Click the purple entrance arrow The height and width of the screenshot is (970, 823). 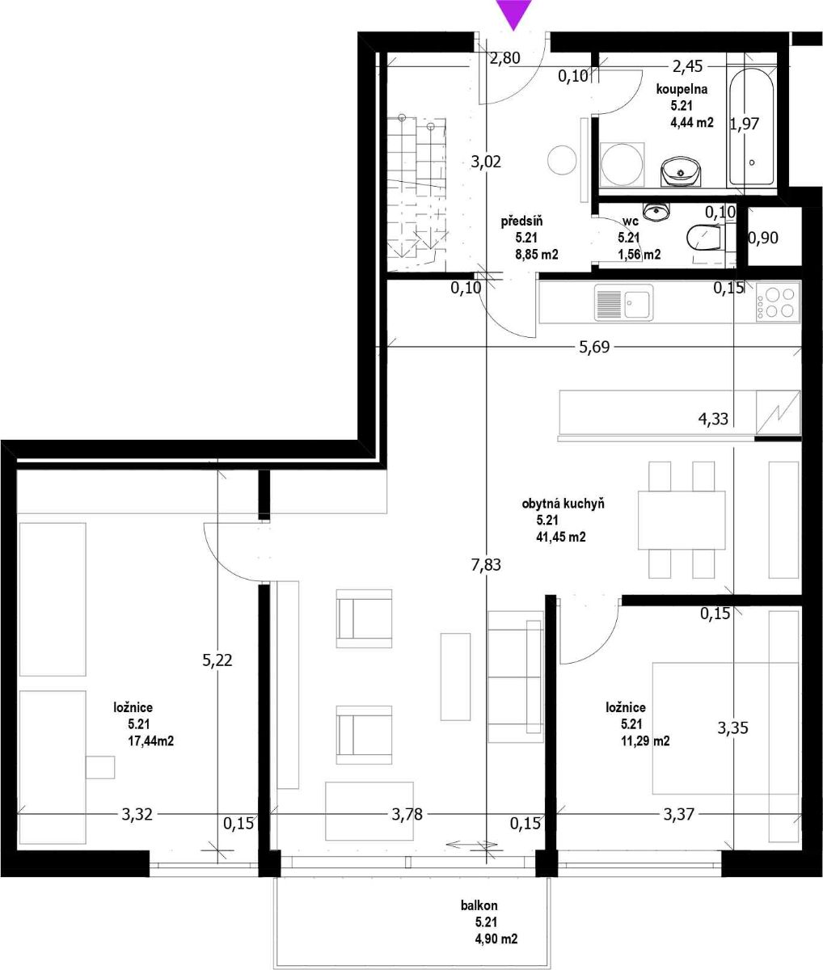tap(513, 14)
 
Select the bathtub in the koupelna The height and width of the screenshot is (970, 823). tap(752, 127)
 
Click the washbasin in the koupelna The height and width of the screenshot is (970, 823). tap(681, 171)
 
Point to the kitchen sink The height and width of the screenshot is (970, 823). tap(623, 302)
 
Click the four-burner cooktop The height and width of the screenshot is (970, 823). tap(778, 302)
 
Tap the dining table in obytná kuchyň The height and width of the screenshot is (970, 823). tap(682, 521)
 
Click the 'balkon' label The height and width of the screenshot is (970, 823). tap(479, 905)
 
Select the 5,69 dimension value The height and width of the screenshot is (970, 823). tap(594, 348)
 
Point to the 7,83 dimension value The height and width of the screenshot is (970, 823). tap(486, 565)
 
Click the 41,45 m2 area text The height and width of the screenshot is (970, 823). tap(560, 537)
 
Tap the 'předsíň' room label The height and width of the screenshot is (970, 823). tap(521, 221)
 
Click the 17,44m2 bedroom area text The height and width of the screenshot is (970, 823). tap(150, 741)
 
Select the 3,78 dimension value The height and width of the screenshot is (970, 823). tap(407, 814)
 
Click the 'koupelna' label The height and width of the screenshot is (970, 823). tap(682, 89)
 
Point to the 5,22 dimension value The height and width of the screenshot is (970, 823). tap(217, 660)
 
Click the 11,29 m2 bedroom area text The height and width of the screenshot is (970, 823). tap(645, 741)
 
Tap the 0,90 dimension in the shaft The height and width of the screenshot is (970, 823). tap(763, 238)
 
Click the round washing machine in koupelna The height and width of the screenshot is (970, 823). tap(622, 164)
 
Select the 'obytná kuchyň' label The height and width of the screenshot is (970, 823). tap(563, 504)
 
